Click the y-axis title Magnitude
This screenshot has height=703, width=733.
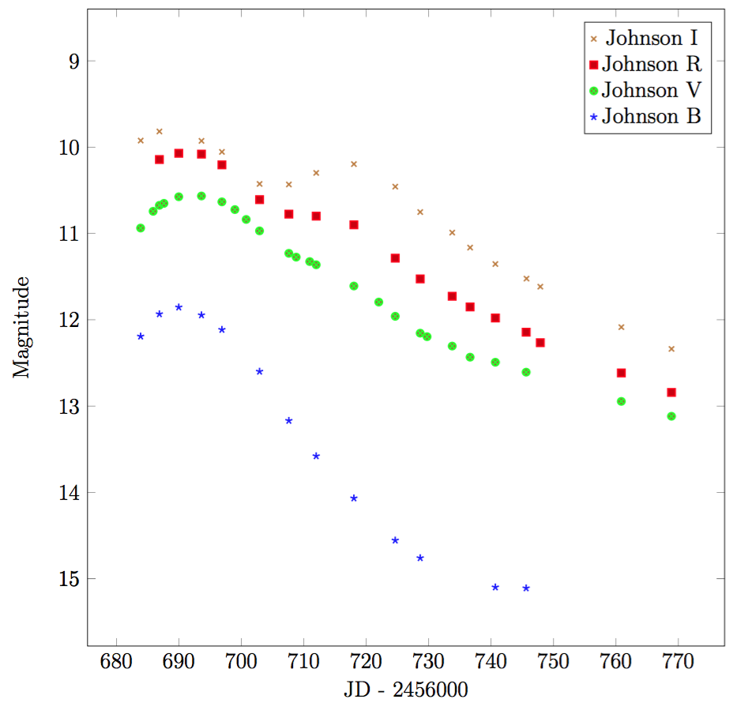(x=21, y=326)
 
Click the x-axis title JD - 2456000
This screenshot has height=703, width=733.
(x=406, y=689)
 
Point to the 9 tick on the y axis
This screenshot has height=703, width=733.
(x=70, y=61)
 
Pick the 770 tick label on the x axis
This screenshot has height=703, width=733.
(x=678, y=661)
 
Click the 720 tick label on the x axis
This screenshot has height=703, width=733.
(x=366, y=661)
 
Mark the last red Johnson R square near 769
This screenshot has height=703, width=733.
(x=671, y=393)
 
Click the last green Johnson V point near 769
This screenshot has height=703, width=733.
(x=671, y=416)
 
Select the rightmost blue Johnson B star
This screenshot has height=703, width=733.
(x=526, y=588)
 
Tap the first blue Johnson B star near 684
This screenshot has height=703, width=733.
(x=141, y=336)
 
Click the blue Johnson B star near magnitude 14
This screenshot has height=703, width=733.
(x=354, y=498)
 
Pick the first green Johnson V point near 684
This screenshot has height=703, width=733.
(x=141, y=227)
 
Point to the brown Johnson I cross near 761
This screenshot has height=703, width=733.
(x=621, y=327)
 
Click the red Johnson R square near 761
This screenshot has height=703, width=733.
(x=621, y=373)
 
